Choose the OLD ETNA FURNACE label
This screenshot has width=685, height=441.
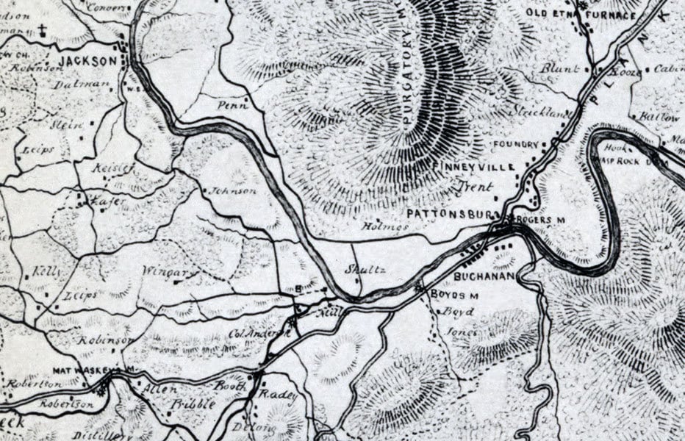pos(581,15)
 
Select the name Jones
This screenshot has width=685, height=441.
pos(461,332)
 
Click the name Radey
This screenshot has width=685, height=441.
pos(279,397)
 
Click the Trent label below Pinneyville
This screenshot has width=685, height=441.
pos(476,187)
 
